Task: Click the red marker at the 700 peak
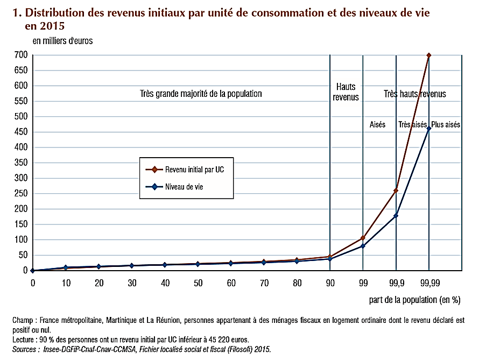tap(429, 55)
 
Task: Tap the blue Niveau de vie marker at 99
tap(363, 246)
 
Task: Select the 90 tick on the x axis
tap(329, 282)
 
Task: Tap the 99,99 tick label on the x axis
tap(429, 282)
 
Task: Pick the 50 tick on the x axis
tap(198, 282)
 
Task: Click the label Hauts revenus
tap(347, 92)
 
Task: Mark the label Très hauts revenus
tap(414, 94)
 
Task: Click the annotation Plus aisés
tap(446, 124)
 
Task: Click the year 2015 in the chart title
tap(44, 25)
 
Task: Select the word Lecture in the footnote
tap(24, 340)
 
